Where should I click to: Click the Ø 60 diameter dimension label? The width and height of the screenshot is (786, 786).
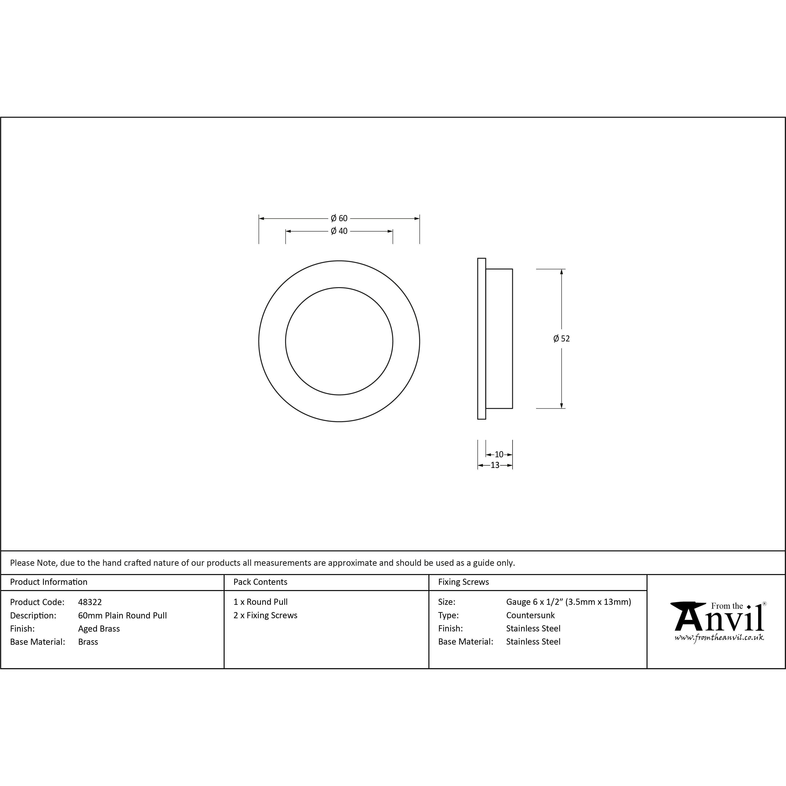339,218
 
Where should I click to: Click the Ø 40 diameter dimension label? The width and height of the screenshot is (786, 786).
339,231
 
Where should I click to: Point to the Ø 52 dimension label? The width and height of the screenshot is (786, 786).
561,339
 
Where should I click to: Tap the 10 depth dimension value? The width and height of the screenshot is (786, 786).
499,455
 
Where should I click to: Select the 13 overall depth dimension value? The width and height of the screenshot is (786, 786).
495,465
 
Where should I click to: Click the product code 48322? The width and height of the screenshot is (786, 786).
90,602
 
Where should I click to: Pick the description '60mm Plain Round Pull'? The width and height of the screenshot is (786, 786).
122,615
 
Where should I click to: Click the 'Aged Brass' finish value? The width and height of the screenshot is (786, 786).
99,629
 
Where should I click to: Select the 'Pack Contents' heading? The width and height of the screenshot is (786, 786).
260,582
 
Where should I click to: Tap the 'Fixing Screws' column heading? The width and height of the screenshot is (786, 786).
463,582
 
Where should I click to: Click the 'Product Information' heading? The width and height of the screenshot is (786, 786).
49,582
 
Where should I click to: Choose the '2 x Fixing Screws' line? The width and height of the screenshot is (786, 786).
265,615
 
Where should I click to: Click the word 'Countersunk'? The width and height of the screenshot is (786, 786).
530,615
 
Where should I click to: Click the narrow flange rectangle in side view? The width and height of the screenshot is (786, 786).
482,339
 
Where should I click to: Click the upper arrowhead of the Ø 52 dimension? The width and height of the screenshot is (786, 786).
561,272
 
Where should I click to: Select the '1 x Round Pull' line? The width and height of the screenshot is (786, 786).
260,602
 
